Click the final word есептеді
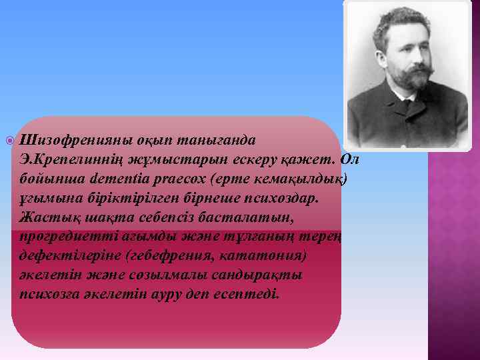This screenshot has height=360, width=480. point(247,294)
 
